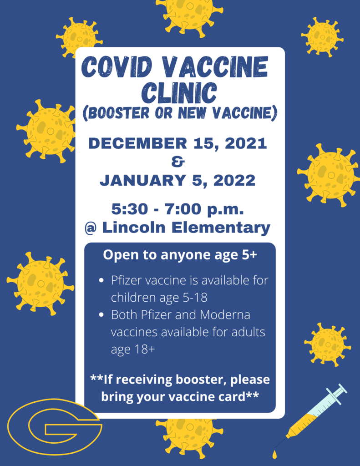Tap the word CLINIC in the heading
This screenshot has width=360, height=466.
[x=179, y=92]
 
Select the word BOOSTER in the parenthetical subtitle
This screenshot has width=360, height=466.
[x=119, y=113]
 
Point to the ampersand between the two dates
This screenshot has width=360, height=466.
[x=178, y=162]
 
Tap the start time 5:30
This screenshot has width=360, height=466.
[x=130, y=209]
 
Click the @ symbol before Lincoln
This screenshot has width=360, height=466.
[x=91, y=228]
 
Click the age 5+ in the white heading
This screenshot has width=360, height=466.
[x=248, y=255]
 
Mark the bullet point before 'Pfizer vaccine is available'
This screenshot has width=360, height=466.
[x=101, y=280]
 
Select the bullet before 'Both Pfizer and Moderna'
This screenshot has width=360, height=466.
[x=101, y=315]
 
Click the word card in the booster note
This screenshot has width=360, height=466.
[x=231, y=397]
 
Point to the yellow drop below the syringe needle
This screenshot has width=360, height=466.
[x=274, y=455]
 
